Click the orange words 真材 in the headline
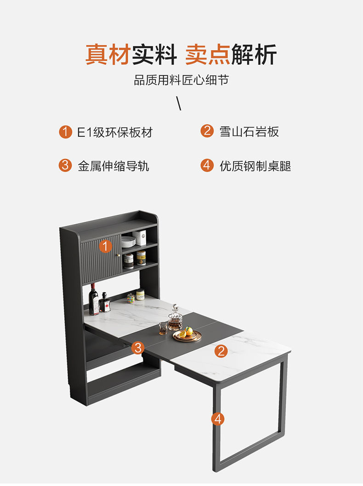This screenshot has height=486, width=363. (108, 55)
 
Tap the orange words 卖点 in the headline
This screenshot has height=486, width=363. (208, 55)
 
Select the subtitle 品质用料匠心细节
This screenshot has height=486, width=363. (181, 80)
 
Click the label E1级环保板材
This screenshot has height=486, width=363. (115, 132)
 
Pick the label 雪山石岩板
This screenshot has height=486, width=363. (249, 131)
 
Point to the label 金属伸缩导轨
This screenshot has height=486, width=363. (113, 166)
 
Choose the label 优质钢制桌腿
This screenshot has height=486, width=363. (255, 166)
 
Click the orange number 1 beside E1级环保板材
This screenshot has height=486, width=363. (65, 132)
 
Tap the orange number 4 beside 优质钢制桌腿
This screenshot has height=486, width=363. (207, 165)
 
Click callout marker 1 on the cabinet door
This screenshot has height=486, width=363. (105, 246)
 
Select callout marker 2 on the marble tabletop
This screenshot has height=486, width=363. (221, 351)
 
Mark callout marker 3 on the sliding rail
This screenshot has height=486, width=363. (138, 347)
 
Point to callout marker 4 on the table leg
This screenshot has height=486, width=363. (218, 419)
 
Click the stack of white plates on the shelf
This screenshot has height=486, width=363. (128, 242)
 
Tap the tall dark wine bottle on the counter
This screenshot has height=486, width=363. (93, 300)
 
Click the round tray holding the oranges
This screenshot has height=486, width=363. (187, 336)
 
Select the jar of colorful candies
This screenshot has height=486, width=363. (131, 298)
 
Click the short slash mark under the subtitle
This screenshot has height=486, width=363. (179, 103)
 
